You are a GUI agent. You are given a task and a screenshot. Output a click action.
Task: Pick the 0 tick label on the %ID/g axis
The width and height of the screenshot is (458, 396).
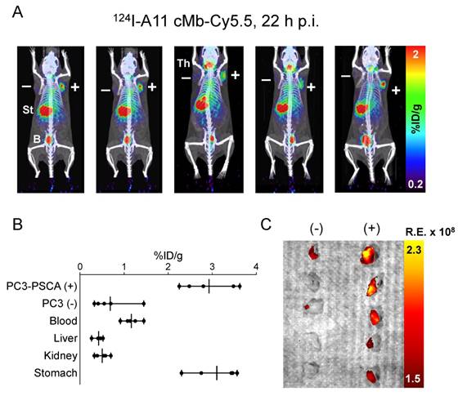(x=80, y=267)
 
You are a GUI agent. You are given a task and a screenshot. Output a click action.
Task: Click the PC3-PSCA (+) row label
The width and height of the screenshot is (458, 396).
(x=39, y=286)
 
